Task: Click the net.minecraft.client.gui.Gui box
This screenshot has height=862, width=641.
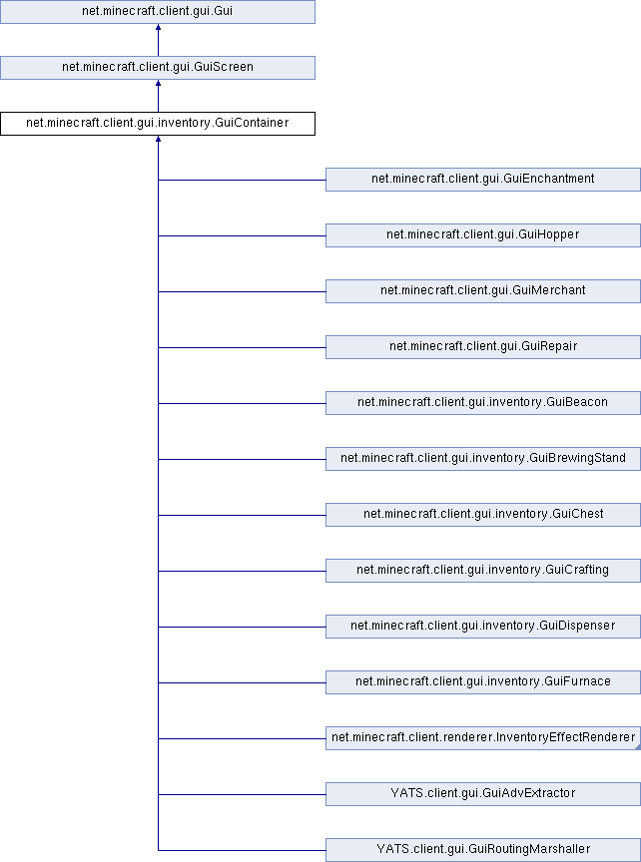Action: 158,12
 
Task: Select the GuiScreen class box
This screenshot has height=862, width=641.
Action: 158,68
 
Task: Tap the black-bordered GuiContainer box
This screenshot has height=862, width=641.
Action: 158,124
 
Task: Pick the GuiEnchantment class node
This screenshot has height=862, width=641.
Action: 483,180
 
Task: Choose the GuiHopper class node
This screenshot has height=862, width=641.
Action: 483,235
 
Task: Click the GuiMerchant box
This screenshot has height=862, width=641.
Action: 483,291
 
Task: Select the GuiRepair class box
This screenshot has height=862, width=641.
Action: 483,347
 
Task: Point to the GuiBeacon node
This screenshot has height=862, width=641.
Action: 483,403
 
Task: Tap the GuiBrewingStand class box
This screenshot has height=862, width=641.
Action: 483,459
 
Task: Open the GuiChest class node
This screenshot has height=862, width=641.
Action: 483,515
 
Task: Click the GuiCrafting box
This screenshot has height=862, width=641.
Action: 483,571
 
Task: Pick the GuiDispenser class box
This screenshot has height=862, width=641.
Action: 483,627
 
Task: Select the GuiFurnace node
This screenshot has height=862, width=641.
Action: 483,682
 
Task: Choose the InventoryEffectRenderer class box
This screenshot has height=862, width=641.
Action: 483,738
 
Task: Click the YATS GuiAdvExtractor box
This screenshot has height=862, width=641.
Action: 483,794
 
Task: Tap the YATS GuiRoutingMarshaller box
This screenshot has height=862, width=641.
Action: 483,850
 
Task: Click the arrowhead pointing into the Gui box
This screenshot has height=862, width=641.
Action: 158,27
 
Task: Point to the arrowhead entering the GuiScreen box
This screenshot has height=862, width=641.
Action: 158,83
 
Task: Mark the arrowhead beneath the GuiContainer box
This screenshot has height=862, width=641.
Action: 158,139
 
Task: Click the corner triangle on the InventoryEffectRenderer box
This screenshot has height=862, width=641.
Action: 638,747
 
